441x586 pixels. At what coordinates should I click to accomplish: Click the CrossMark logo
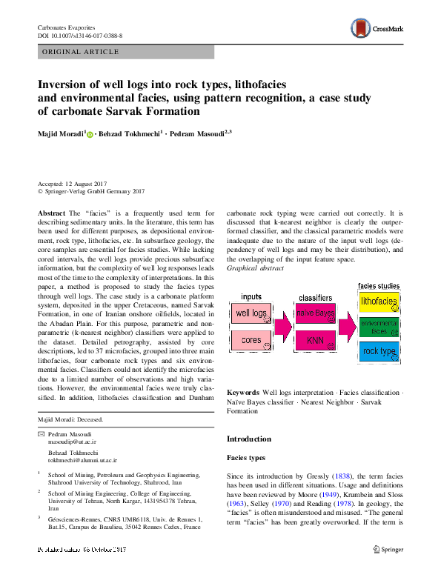pos(376,30)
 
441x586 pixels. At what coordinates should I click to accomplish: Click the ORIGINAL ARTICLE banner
pos(82,52)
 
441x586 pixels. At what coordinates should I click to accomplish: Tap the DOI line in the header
pos(80,36)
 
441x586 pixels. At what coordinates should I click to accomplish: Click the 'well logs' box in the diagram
pos(252,313)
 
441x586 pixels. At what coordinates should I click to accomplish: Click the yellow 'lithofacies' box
pos(379,302)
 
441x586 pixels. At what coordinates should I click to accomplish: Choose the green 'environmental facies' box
pos(379,327)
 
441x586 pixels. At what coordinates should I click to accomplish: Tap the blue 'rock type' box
pos(379,352)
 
